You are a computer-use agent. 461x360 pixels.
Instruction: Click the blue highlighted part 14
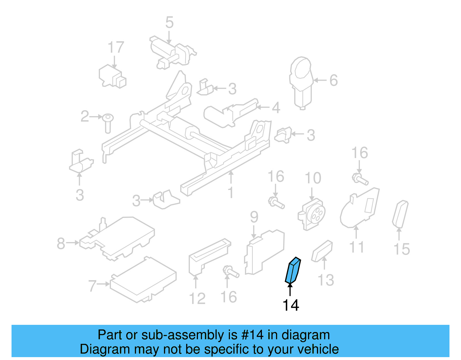[293, 270]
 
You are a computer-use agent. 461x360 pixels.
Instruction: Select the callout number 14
[291, 306]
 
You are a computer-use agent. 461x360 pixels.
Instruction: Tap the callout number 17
[116, 48]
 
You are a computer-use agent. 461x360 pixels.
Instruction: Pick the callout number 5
[169, 22]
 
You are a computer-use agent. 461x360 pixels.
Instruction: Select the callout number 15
[402, 249]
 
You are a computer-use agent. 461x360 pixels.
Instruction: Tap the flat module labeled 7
[143, 280]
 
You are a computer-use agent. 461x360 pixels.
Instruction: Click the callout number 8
[61, 243]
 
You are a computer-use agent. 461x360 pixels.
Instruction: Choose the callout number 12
[197, 298]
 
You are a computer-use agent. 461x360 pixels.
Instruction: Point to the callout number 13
[326, 280]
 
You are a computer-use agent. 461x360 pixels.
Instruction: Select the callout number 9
[254, 217]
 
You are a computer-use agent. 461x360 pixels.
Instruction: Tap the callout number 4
[276, 108]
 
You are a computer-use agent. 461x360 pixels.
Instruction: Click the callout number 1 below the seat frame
[231, 193]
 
